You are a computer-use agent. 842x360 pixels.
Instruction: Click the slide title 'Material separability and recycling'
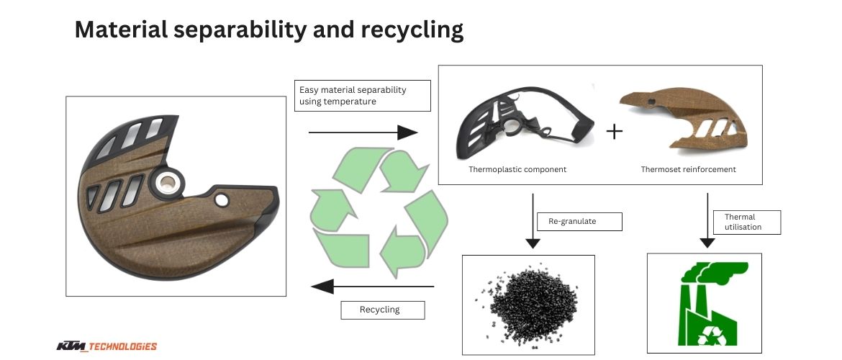(x=268, y=29)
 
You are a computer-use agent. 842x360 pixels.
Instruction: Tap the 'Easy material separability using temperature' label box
(x=363, y=95)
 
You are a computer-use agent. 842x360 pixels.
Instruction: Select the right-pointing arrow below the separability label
(x=363, y=132)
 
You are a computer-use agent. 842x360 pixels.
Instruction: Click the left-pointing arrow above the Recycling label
(x=372, y=287)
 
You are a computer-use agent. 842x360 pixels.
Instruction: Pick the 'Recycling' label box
(x=381, y=310)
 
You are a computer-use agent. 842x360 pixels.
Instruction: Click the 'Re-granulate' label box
(x=578, y=222)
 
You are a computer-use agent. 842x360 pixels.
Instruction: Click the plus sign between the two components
(x=614, y=132)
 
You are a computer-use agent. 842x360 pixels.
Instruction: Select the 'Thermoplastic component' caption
(x=517, y=170)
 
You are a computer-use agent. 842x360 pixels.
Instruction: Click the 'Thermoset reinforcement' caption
(x=689, y=170)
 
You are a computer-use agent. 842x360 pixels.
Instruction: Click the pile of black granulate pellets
(x=529, y=303)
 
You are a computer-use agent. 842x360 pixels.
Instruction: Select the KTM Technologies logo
(x=107, y=346)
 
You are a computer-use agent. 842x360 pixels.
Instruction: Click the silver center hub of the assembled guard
(x=168, y=184)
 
